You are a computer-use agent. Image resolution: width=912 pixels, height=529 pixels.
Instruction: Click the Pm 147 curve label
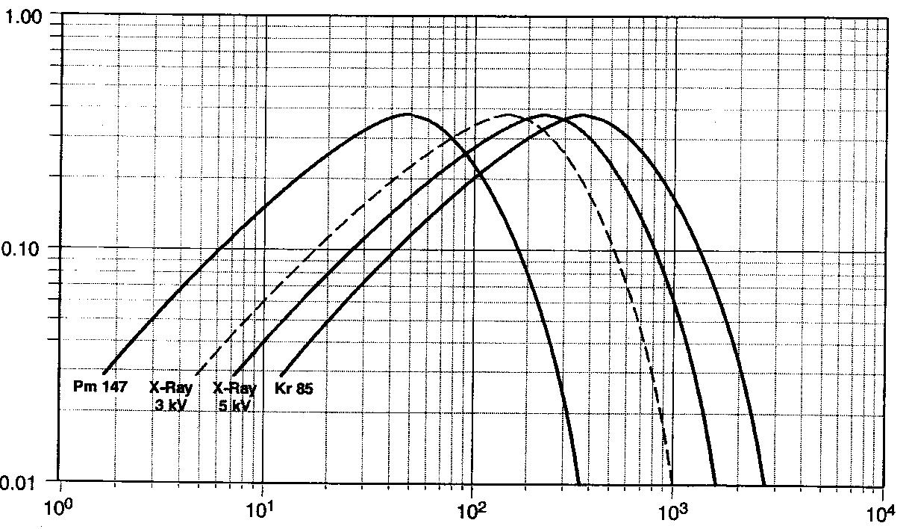(x=100, y=387)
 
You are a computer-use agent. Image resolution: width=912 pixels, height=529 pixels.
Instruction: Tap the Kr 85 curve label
(x=293, y=389)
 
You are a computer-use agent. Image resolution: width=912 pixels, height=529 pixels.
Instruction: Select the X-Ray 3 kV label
(x=171, y=397)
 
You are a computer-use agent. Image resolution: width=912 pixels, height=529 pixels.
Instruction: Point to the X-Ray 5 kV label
(x=234, y=397)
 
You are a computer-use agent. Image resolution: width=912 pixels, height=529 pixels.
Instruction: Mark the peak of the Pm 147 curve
(x=408, y=114)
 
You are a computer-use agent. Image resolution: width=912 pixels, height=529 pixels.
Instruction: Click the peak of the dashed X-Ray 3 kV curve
(x=508, y=115)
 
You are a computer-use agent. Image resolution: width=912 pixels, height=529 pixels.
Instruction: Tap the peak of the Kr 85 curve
(x=580, y=115)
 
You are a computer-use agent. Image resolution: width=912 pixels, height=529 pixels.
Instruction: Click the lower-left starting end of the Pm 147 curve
(x=104, y=373)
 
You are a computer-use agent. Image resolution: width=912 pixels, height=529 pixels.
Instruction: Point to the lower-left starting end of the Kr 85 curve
(x=281, y=374)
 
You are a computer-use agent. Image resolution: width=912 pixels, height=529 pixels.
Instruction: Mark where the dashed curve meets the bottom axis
(x=672, y=480)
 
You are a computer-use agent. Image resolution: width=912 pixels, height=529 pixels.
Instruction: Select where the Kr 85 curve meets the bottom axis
(x=764, y=480)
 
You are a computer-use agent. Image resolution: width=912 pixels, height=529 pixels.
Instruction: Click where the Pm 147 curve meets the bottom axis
(x=579, y=480)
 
